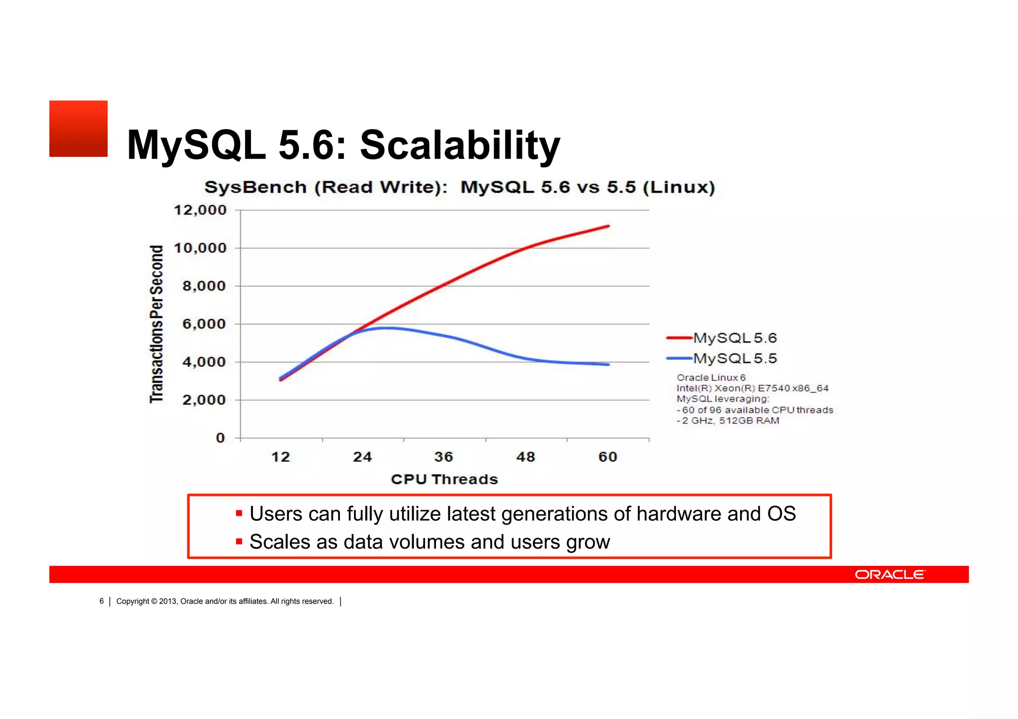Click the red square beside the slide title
click(x=78, y=129)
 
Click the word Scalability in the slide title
click(x=460, y=145)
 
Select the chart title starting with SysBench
click(x=459, y=187)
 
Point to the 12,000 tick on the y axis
click(x=200, y=210)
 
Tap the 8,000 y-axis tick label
click(x=204, y=286)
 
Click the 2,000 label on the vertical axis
click(x=204, y=400)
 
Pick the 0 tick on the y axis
click(x=220, y=438)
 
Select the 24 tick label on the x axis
click(x=362, y=457)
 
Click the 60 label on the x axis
click(x=608, y=457)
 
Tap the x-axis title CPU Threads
click(x=444, y=479)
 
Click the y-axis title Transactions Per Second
click(x=157, y=324)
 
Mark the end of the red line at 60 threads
click(x=608, y=226)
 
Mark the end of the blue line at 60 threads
click(x=608, y=365)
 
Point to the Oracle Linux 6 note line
click(x=711, y=378)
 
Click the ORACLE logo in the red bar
click(x=890, y=574)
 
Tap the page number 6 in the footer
click(x=101, y=601)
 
